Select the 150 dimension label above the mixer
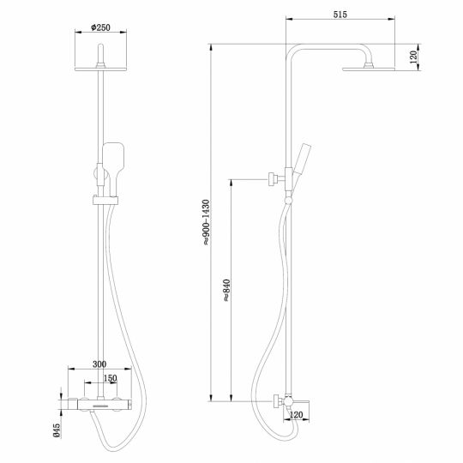[x=110, y=378]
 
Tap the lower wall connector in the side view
[x=277, y=400]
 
